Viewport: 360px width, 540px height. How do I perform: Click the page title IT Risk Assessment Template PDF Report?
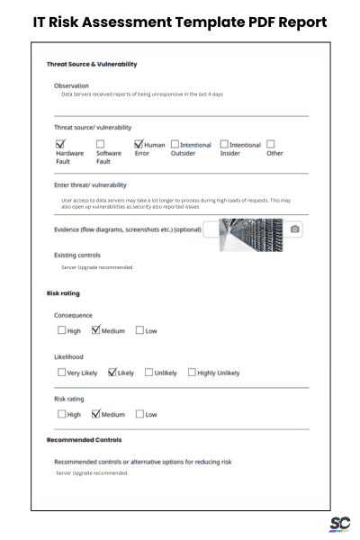[x=180, y=21]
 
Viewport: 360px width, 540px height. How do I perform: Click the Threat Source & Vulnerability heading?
[x=91, y=64]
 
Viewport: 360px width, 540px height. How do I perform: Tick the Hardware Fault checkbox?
[x=61, y=144]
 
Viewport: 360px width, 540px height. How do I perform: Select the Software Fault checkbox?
[x=101, y=144]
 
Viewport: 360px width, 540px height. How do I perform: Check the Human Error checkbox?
[x=139, y=144]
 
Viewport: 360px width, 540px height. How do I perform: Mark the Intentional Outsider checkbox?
[x=175, y=144]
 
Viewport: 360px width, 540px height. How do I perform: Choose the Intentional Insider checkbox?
[x=224, y=144]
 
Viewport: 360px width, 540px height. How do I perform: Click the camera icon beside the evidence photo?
[x=295, y=229]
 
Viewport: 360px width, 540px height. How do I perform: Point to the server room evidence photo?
[x=251, y=231]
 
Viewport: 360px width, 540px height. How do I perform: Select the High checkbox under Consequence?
[x=61, y=330]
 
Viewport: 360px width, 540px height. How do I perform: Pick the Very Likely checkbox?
[x=61, y=372]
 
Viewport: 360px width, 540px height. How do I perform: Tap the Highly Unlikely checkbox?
[x=192, y=372]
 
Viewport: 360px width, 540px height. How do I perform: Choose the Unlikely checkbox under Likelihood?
[x=148, y=372]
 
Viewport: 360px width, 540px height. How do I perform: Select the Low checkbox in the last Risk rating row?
[x=139, y=414]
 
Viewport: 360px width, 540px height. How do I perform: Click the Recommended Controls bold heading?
[x=84, y=440]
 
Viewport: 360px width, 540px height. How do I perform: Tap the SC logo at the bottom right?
[x=339, y=524]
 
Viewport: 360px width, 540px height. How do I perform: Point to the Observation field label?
[x=71, y=85]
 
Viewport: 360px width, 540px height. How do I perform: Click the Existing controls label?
[x=77, y=255]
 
